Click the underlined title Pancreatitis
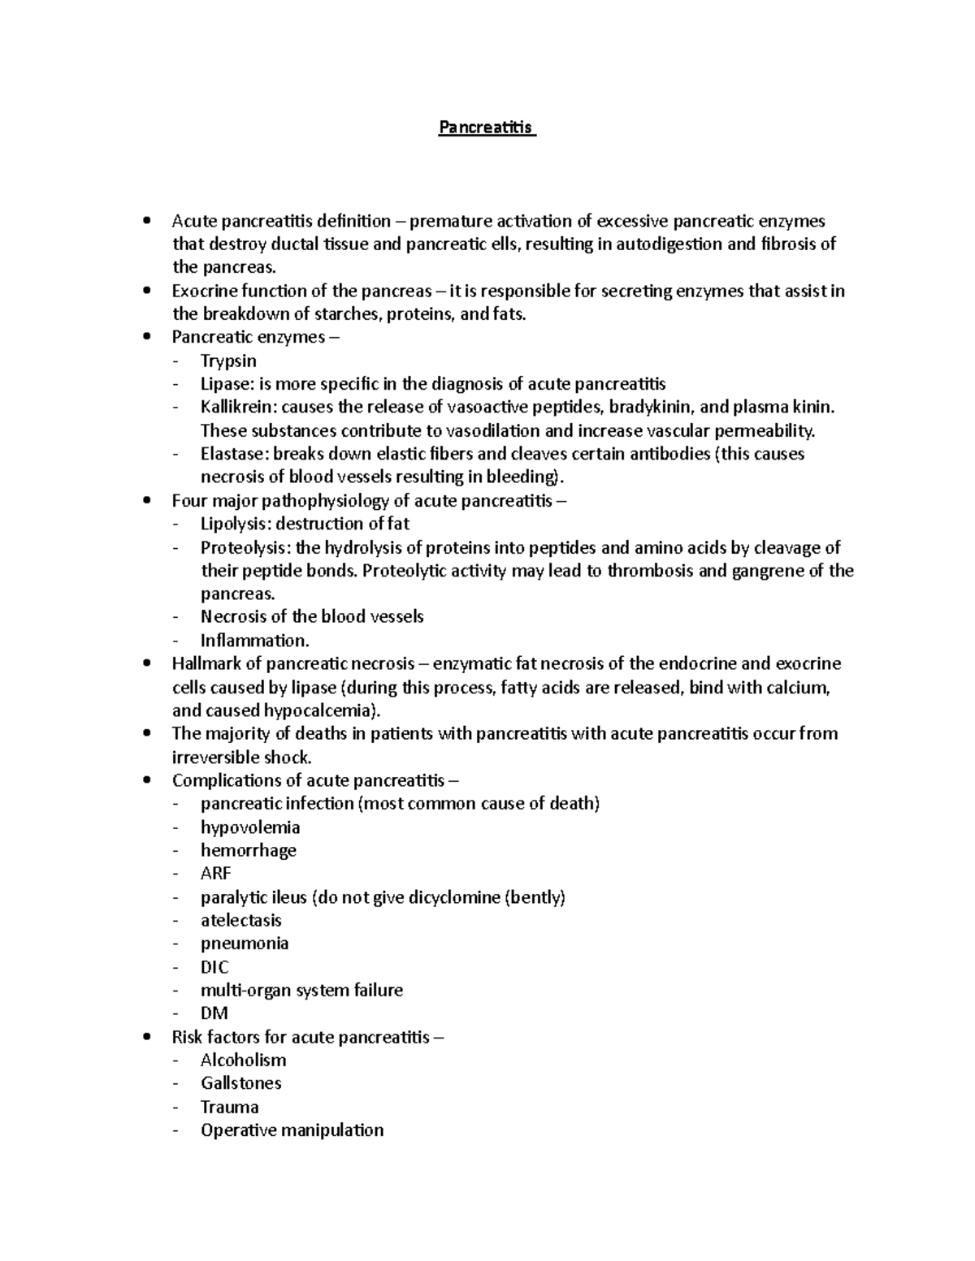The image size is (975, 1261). point(486,127)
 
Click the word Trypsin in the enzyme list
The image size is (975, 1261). point(228,361)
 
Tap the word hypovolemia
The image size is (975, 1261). point(250,827)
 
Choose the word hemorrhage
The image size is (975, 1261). point(249,850)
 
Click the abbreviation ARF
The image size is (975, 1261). point(216,874)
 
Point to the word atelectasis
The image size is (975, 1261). point(241,920)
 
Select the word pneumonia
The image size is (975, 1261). point(245,944)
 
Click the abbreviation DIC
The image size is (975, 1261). point(214,967)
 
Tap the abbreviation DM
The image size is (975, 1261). point(214,1013)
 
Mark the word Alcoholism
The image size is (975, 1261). point(244,1060)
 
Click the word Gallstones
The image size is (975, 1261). point(241,1083)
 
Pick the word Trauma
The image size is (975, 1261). point(230,1107)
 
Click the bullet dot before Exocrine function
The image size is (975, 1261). point(146,291)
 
